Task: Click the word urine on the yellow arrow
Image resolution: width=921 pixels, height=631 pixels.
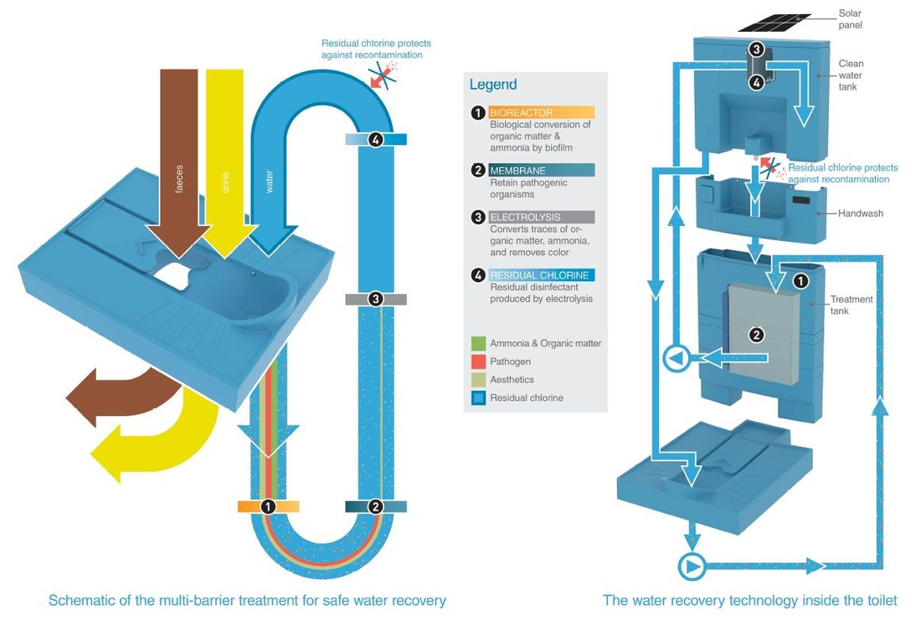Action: tap(224, 182)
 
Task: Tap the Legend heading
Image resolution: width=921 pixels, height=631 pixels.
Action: tap(493, 85)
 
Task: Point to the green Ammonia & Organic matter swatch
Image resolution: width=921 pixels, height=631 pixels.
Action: tap(478, 343)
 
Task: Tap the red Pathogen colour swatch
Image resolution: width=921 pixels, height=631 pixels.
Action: tap(478, 362)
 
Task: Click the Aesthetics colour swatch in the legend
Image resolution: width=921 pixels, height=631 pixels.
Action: tap(478, 380)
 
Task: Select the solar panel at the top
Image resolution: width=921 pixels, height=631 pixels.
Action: tap(775, 22)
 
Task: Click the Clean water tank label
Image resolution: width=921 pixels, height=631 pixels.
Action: tap(851, 75)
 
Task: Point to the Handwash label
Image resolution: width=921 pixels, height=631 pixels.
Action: tap(861, 213)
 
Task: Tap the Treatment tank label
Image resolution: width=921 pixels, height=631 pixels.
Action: tap(851, 305)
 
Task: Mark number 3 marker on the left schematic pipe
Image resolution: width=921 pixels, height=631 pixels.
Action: tap(376, 298)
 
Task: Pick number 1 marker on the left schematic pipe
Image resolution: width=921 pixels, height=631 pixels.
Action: tap(268, 506)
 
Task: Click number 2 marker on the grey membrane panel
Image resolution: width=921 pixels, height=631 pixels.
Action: tap(756, 334)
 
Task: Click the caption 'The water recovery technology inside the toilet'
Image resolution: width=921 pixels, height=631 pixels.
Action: tap(749, 600)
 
